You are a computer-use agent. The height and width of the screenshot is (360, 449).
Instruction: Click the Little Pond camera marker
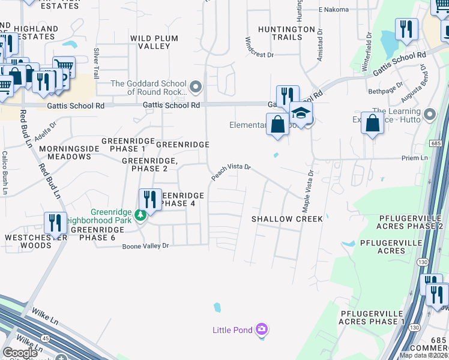(261, 329)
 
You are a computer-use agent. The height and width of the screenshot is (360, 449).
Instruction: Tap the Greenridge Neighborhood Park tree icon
(140, 215)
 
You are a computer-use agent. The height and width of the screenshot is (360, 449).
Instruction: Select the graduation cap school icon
(301, 113)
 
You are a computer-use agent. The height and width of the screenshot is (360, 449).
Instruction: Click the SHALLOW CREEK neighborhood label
(287, 219)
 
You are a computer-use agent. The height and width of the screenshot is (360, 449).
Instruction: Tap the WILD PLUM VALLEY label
(154, 42)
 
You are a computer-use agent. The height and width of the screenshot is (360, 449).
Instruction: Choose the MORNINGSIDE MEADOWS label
(65, 152)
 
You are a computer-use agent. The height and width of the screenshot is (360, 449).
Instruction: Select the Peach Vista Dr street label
(230, 172)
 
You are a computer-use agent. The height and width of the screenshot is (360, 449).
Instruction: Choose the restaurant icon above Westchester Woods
(55, 223)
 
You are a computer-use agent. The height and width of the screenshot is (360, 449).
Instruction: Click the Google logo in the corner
(20, 353)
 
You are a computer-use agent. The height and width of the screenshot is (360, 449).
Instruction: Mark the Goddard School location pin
(195, 88)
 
